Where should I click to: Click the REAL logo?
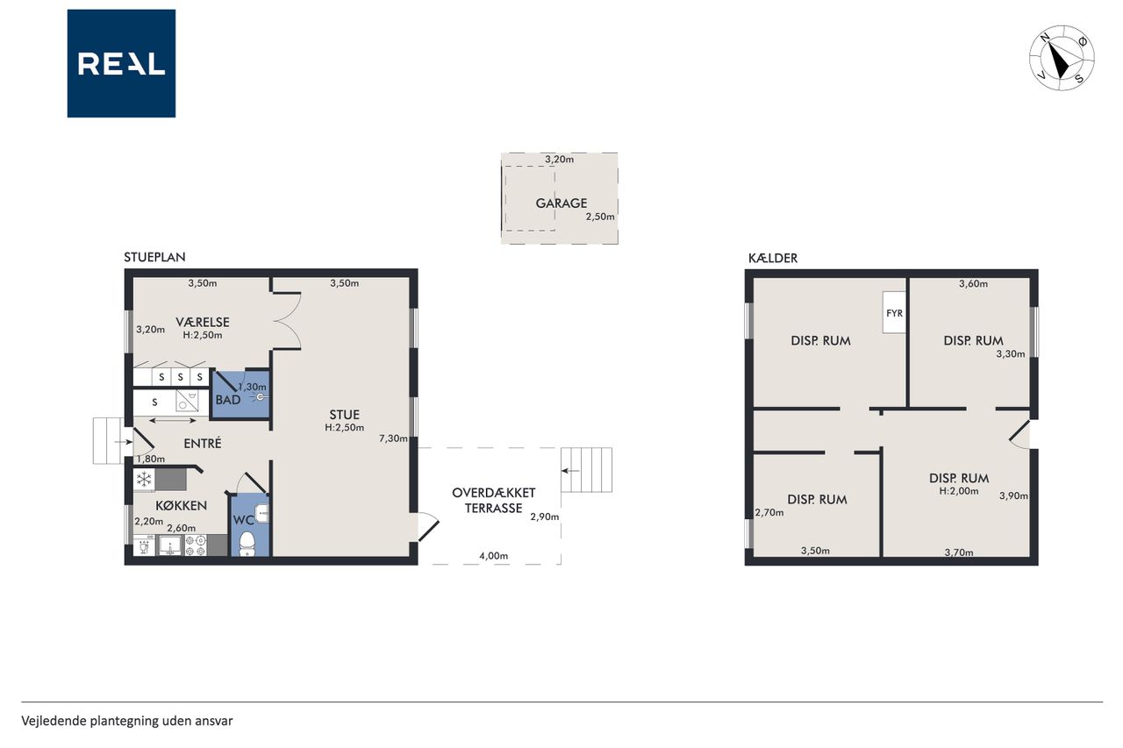[x=121, y=64]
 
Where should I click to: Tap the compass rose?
[x=1062, y=58]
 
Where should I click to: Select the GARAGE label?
[x=561, y=203]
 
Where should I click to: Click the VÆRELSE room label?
[x=203, y=322]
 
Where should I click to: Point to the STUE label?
[x=345, y=415]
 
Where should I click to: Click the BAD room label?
[x=228, y=400]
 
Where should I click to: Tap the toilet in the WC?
[x=247, y=543]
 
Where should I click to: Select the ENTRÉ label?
[x=203, y=444]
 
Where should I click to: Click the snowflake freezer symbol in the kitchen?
[x=145, y=480]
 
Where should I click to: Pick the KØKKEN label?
[x=182, y=505]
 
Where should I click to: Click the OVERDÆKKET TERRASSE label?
[x=494, y=501]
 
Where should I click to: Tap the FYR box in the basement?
[x=894, y=313]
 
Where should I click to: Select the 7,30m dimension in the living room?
[x=393, y=438]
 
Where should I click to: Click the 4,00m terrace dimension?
[x=494, y=556]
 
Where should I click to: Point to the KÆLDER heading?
[x=773, y=258]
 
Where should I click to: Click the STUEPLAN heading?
[x=154, y=257]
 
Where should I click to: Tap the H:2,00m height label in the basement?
[x=959, y=491]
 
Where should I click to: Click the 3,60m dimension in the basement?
[x=974, y=283]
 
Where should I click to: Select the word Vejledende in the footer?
[x=54, y=721]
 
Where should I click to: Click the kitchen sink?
[x=170, y=545]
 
